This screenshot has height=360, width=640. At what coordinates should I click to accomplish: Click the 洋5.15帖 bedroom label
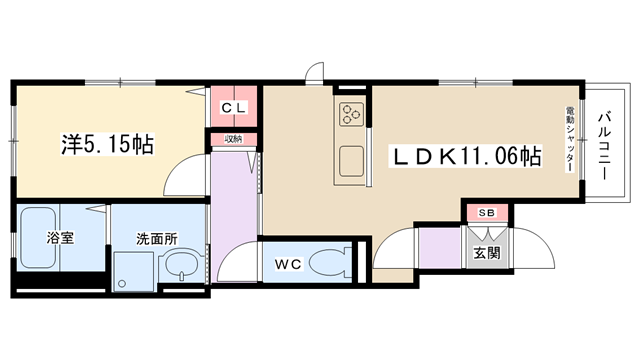(x=107, y=144)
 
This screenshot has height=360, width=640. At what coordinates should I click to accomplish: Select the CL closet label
(x=234, y=108)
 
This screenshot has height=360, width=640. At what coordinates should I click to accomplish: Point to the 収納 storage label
(x=233, y=139)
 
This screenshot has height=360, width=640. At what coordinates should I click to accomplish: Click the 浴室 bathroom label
(x=60, y=238)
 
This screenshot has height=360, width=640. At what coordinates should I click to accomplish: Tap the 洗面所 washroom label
(x=157, y=239)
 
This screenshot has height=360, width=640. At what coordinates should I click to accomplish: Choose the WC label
(x=288, y=264)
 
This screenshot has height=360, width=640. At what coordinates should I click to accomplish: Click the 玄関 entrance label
(x=487, y=253)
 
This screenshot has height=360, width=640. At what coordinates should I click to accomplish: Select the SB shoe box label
(x=487, y=213)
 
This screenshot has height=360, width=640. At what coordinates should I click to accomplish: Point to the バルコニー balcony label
(x=604, y=145)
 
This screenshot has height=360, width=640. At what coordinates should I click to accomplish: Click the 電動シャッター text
(x=570, y=139)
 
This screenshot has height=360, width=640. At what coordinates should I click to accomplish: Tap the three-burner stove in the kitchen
(x=351, y=113)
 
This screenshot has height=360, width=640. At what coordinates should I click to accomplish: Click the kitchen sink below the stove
(x=351, y=161)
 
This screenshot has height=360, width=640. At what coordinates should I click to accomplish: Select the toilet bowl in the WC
(x=330, y=262)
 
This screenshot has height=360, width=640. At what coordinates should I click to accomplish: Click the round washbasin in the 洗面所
(x=181, y=265)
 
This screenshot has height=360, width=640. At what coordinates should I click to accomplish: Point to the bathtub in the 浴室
(x=38, y=238)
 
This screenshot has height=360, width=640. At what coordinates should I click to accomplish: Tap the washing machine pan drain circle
(x=121, y=283)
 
